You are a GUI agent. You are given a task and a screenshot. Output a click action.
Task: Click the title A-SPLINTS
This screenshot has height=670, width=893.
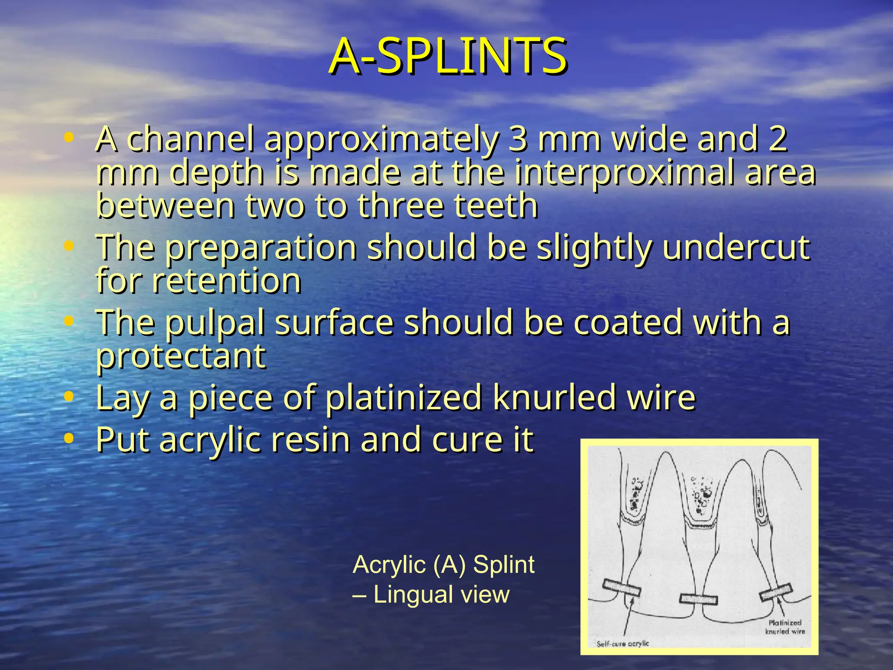[447, 57]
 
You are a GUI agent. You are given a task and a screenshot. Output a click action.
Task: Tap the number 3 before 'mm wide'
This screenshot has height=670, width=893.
[518, 139]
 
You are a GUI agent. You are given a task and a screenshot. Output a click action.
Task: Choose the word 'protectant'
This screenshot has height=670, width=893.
[181, 356]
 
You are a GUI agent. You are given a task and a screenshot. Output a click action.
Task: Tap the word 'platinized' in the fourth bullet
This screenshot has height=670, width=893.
[404, 397]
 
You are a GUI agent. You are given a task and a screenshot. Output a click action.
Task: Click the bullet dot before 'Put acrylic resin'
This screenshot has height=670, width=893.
[68, 439]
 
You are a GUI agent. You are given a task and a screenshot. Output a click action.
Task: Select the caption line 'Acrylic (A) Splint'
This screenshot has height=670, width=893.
[443, 564]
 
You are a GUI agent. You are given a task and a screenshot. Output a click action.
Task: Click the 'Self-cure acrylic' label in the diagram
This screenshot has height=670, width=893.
[622, 643]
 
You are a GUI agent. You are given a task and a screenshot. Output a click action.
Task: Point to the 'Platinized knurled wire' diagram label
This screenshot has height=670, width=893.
[785, 627]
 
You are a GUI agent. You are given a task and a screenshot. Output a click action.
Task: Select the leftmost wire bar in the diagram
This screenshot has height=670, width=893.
[622, 588]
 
